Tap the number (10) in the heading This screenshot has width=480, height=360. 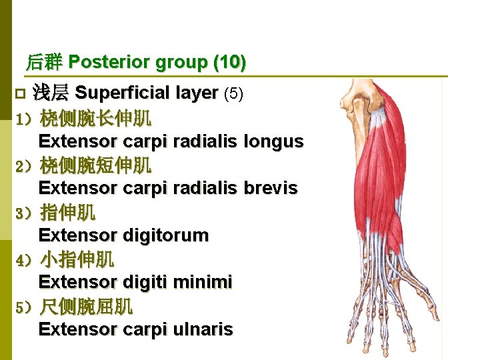(230, 63)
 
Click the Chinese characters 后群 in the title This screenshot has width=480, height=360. (44, 63)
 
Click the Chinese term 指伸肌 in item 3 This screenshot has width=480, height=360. (67, 213)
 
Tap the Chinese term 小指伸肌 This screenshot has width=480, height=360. (77, 259)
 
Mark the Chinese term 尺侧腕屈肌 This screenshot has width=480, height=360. (86, 307)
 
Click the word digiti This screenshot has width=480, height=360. (147, 283)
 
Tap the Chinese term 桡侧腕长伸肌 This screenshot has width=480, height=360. (95, 119)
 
